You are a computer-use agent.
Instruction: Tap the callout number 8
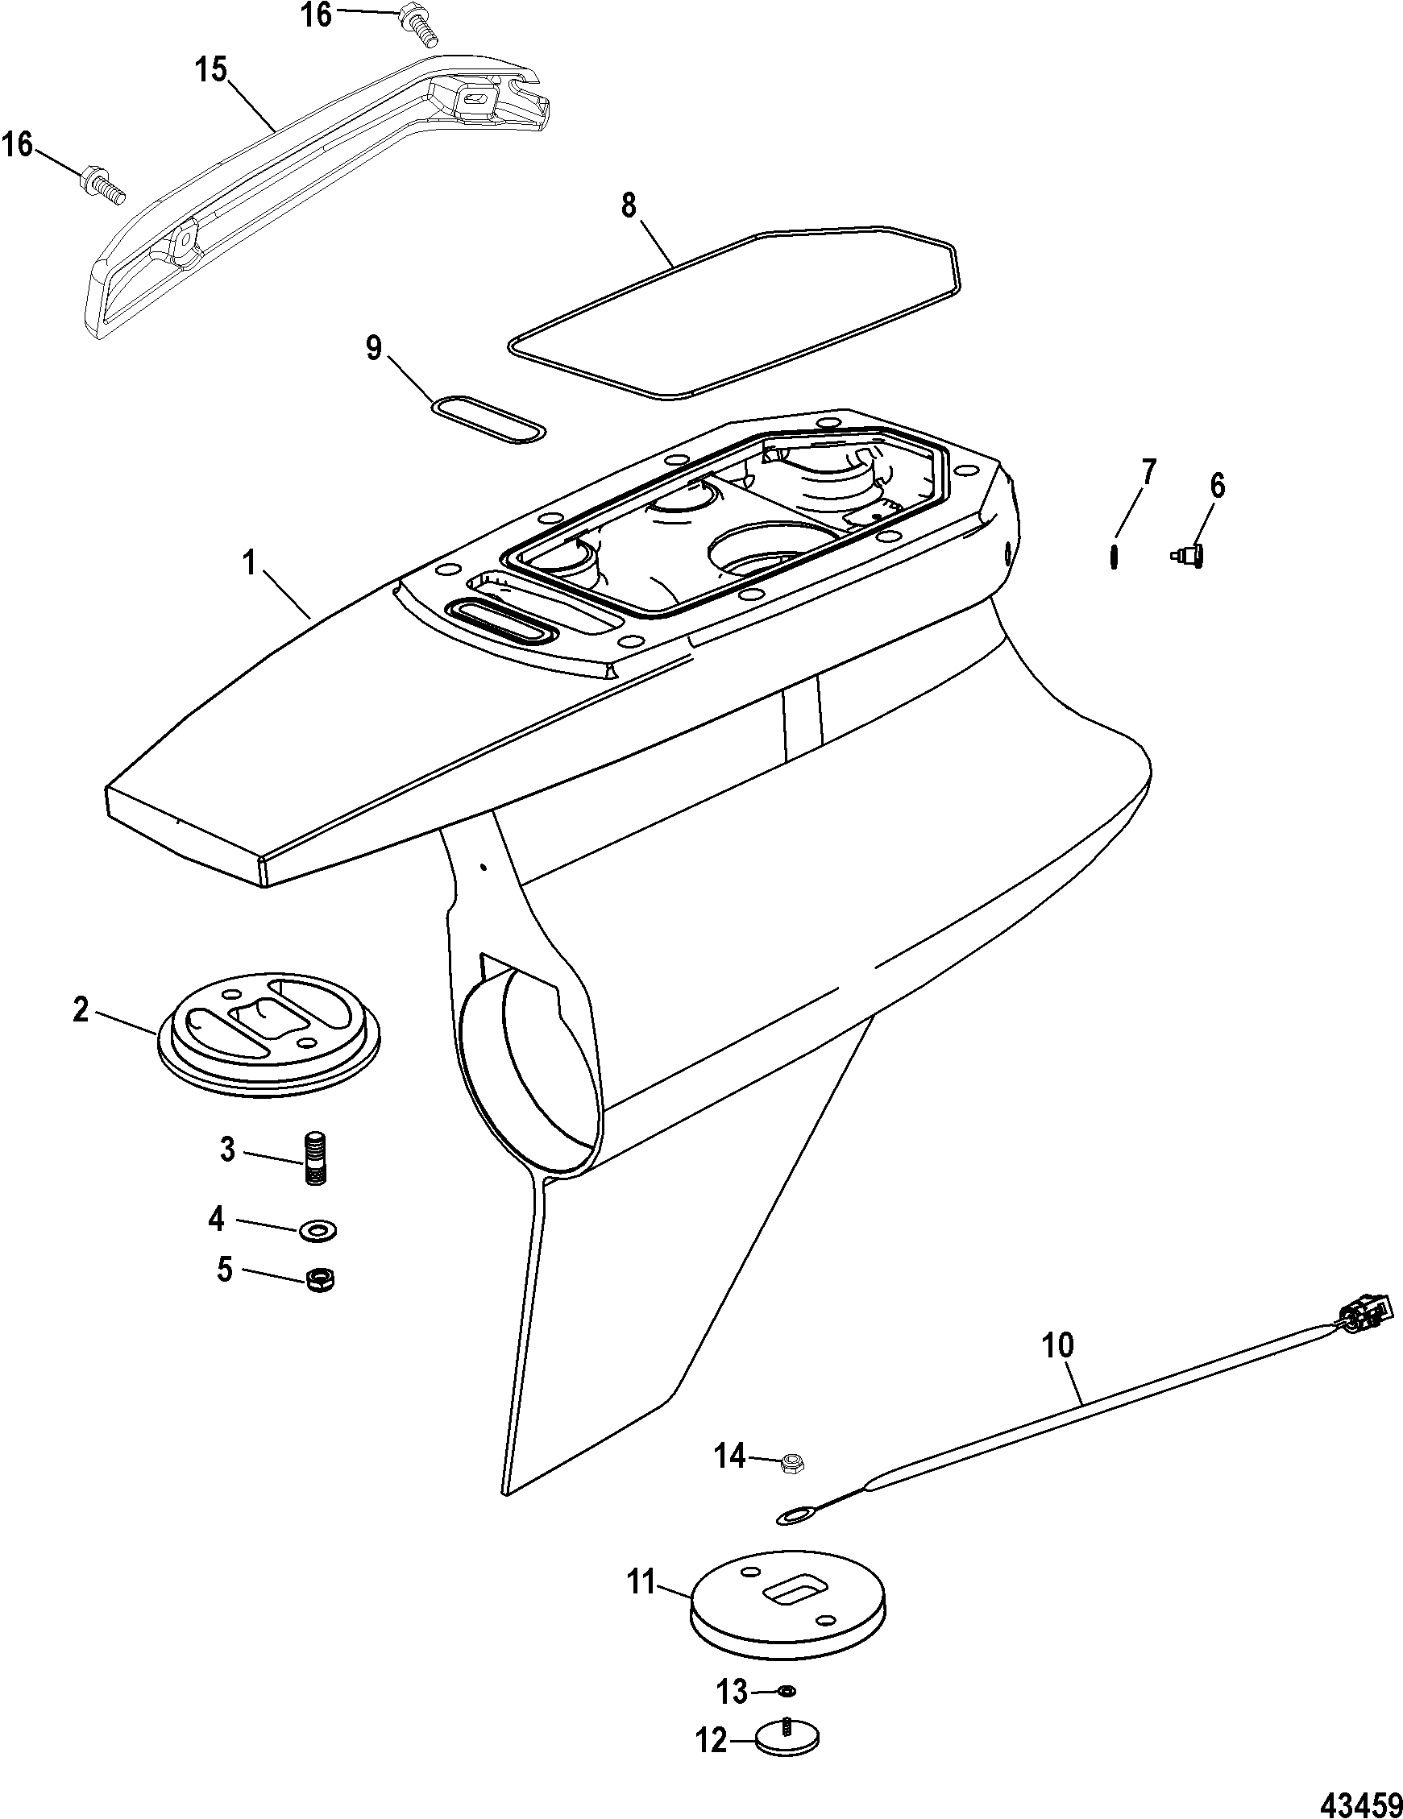point(629,205)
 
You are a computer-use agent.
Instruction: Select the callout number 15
point(212,71)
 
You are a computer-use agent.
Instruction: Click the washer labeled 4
point(318,1229)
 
